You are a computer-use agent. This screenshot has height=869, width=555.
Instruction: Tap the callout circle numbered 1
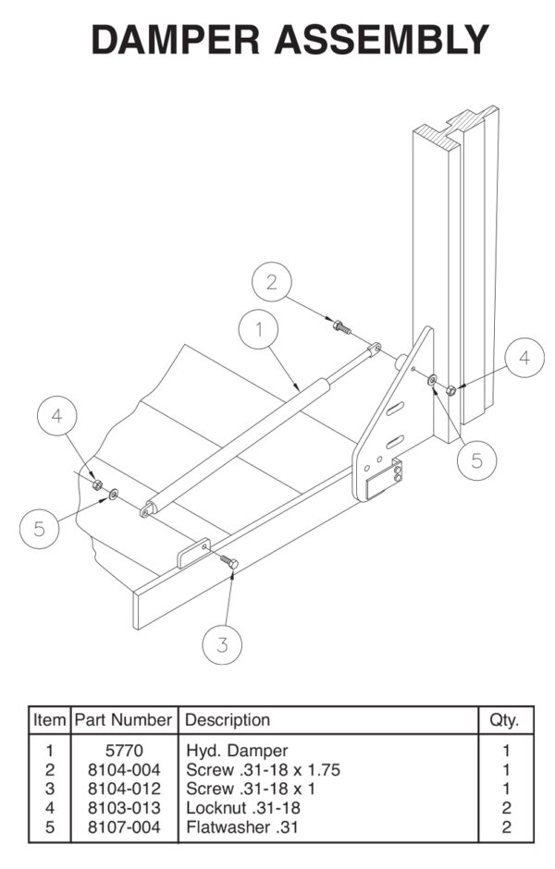(260, 329)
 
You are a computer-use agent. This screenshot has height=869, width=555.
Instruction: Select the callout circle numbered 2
(271, 283)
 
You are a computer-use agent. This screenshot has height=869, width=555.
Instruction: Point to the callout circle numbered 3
(223, 644)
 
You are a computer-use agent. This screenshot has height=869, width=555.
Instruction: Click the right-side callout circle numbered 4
(524, 358)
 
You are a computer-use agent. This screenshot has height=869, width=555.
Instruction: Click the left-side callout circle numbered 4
(58, 418)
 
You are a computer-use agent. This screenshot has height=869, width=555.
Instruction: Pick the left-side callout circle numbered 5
(40, 528)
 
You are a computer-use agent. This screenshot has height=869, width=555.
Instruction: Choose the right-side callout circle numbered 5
(476, 460)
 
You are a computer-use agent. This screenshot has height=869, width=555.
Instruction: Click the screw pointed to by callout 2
(340, 325)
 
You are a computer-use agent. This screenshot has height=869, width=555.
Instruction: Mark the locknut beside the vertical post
(450, 389)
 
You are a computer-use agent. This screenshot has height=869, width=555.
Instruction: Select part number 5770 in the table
(122, 751)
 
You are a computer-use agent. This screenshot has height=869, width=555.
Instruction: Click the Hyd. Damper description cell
(225, 751)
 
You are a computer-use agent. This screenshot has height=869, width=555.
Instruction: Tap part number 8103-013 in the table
(122, 808)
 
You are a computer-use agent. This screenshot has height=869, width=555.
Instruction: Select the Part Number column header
(122, 719)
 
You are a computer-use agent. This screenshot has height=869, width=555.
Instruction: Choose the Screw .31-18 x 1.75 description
(252, 769)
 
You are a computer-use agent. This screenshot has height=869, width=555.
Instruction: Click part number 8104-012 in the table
(122, 789)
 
